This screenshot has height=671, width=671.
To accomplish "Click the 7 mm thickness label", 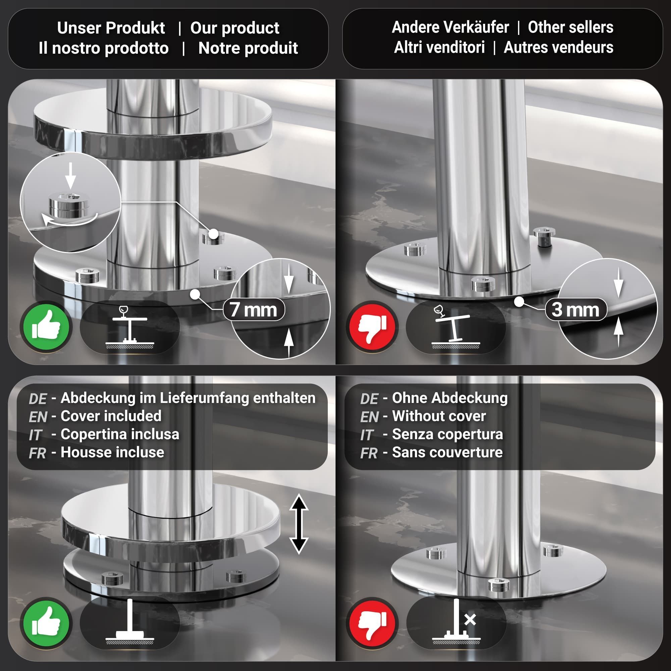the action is click(x=254, y=309).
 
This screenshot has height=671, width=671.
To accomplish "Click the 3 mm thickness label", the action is click(x=576, y=309).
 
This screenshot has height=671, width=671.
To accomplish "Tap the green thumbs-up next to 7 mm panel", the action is click(x=46, y=326).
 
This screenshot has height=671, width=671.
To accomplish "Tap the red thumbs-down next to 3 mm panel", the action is click(x=372, y=326).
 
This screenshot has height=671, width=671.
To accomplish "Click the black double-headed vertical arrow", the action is click(x=299, y=524).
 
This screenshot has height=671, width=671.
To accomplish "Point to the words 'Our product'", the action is click(x=235, y=28).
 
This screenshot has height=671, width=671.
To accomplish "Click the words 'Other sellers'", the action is click(x=571, y=27).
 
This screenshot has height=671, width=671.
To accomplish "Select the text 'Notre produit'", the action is click(x=248, y=48).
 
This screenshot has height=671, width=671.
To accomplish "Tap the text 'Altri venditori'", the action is click(x=440, y=47).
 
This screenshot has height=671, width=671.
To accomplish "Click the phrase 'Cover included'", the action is click(x=111, y=416).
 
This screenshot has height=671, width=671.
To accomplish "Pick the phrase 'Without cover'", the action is click(x=439, y=416).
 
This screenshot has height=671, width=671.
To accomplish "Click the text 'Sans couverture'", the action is click(x=447, y=452).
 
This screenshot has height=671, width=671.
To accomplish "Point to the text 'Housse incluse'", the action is click(x=112, y=452).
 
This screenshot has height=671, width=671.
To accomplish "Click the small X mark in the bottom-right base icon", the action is click(x=470, y=620).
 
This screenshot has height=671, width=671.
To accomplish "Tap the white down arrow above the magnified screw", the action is click(x=70, y=175).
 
